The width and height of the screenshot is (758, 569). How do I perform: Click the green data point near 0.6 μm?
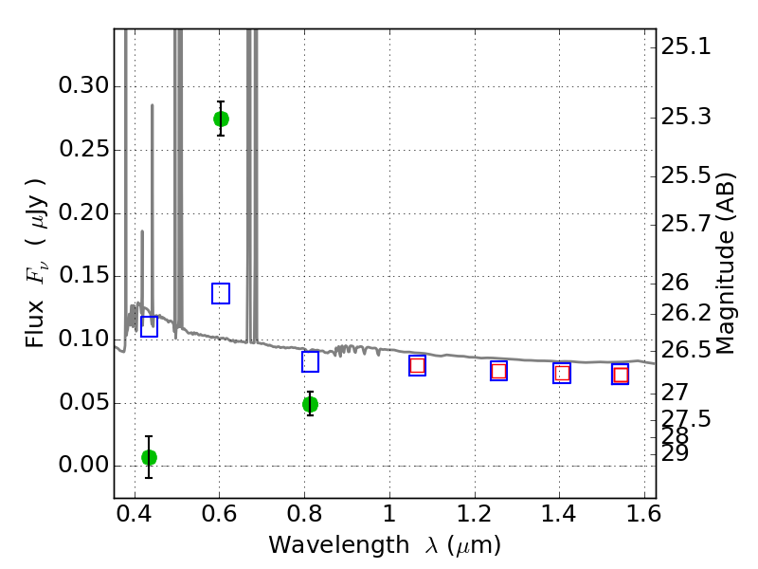pyautogui.click(x=221, y=119)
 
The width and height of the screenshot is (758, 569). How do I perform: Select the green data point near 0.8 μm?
pyautogui.click(x=311, y=405)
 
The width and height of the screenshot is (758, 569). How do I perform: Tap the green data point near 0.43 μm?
pyautogui.click(x=149, y=457)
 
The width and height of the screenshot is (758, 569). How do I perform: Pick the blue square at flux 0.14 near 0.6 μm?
pyautogui.click(x=221, y=294)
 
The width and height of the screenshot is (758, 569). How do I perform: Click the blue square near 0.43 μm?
pyautogui.click(x=149, y=326)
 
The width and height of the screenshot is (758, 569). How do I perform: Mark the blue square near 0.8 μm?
pyautogui.click(x=311, y=362)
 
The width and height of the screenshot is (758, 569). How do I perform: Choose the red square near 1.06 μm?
pyautogui.click(x=417, y=365)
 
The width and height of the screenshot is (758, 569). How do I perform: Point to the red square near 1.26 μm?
pyautogui.click(x=499, y=371)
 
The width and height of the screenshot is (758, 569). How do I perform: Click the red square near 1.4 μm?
pyautogui.click(x=562, y=374)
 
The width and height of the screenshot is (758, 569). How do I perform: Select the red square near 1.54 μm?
pyautogui.click(x=621, y=375)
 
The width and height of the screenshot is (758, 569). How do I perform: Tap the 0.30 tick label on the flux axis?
pyautogui.click(x=84, y=86)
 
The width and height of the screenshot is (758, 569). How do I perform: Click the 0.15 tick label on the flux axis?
pyautogui.click(x=84, y=276)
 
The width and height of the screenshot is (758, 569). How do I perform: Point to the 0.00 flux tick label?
pyautogui.click(x=84, y=466)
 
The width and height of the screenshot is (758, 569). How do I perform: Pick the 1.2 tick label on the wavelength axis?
pyautogui.click(x=475, y=514)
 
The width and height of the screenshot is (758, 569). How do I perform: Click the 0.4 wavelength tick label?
pyautogui.click(x=135, y=514)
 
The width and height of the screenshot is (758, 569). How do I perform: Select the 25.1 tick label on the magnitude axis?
pyautogui.click(x=686, y=47)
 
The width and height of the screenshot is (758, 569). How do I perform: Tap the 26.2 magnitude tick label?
pyautogui.click(x=686, y=314)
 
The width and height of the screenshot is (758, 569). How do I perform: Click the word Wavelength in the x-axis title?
pyautogui.click(x=339, y=545)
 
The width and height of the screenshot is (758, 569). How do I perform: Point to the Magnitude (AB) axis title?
pyautogui.click(x=725, y=264)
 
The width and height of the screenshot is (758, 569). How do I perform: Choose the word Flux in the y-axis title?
pyautogui.click(x=35, y=324)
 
